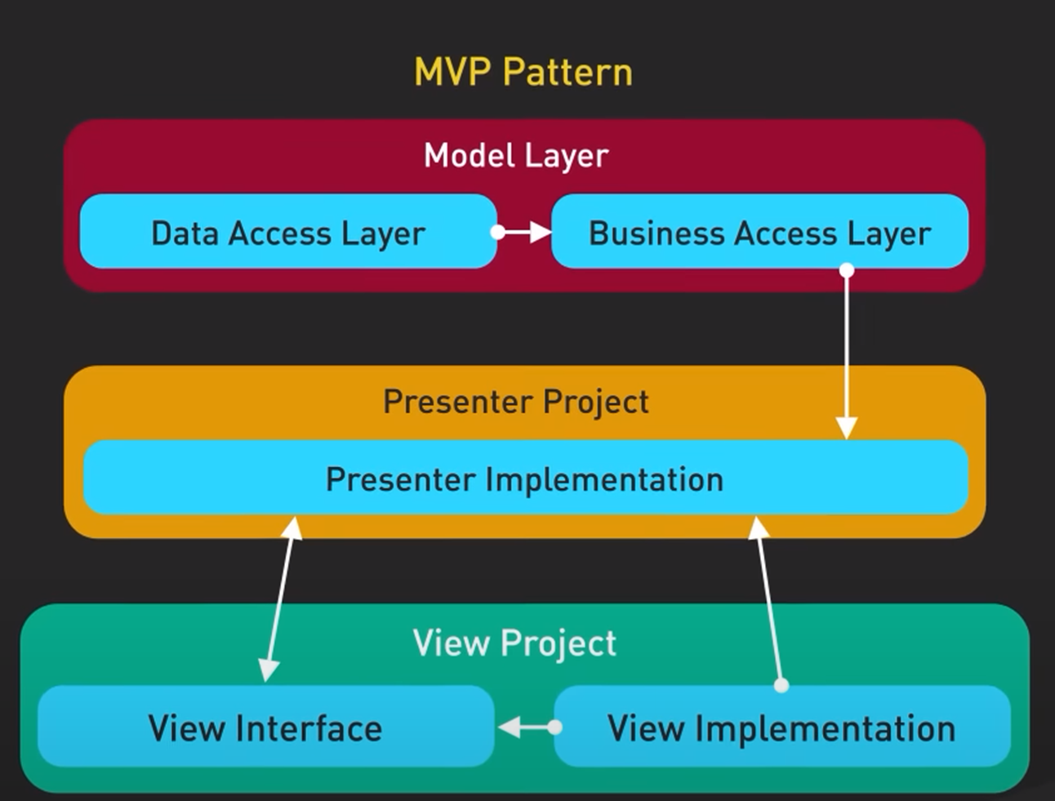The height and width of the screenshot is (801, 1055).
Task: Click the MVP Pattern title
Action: coord(523,73)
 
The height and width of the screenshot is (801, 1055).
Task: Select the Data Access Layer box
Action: coord(288,231)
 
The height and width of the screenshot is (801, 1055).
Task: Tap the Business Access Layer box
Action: coord(759,231)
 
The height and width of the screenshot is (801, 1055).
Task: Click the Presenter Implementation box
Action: coord(525,477)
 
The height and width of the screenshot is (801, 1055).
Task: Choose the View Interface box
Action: coord(266,726)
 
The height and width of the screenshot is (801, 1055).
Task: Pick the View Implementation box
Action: coord(782,726)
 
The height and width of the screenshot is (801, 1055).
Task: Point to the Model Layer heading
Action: coord(516,157)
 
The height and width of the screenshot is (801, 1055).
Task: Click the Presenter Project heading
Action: coord(516,402)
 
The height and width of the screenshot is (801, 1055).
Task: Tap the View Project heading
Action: coord(514,643)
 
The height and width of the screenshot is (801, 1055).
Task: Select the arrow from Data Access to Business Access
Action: coord(522,232)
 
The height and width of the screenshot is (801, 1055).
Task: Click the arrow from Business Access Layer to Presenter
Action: coord(847,354)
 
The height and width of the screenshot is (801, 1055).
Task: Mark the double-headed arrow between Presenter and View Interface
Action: coord(280,599)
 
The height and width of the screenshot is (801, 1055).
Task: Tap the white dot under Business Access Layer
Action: coord(847,270)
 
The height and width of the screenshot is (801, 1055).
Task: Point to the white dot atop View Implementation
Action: coord(782,685)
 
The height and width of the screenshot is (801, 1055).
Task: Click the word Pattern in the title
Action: coord(568,73)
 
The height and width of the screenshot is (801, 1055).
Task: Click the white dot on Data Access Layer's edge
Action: coord(498,232)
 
